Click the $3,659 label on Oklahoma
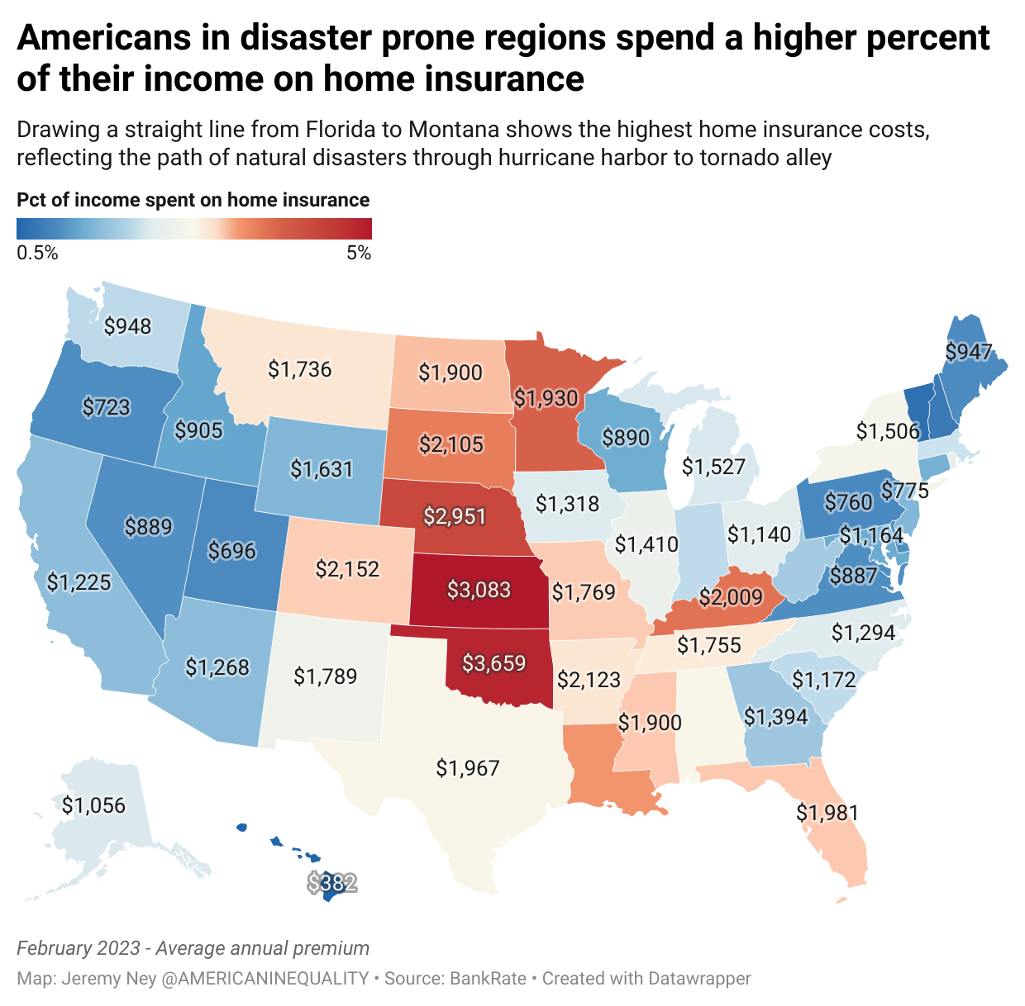(493, 662)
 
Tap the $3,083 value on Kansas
(479, 590)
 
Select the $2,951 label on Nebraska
(455, 516)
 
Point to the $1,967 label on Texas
(468, 768)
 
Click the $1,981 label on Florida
(827, 813)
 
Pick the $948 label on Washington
(128, 326)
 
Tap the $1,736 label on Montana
(299, 368)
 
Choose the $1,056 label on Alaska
(93, 805)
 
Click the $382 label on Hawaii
(332, 884)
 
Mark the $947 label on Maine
(968, 352)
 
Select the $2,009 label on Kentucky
(731, 596)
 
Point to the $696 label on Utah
(232, 551)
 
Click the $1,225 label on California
(79, 582)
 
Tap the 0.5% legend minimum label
(37, 254)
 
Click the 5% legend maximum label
(359, 254)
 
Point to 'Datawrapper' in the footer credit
(699, 979)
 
